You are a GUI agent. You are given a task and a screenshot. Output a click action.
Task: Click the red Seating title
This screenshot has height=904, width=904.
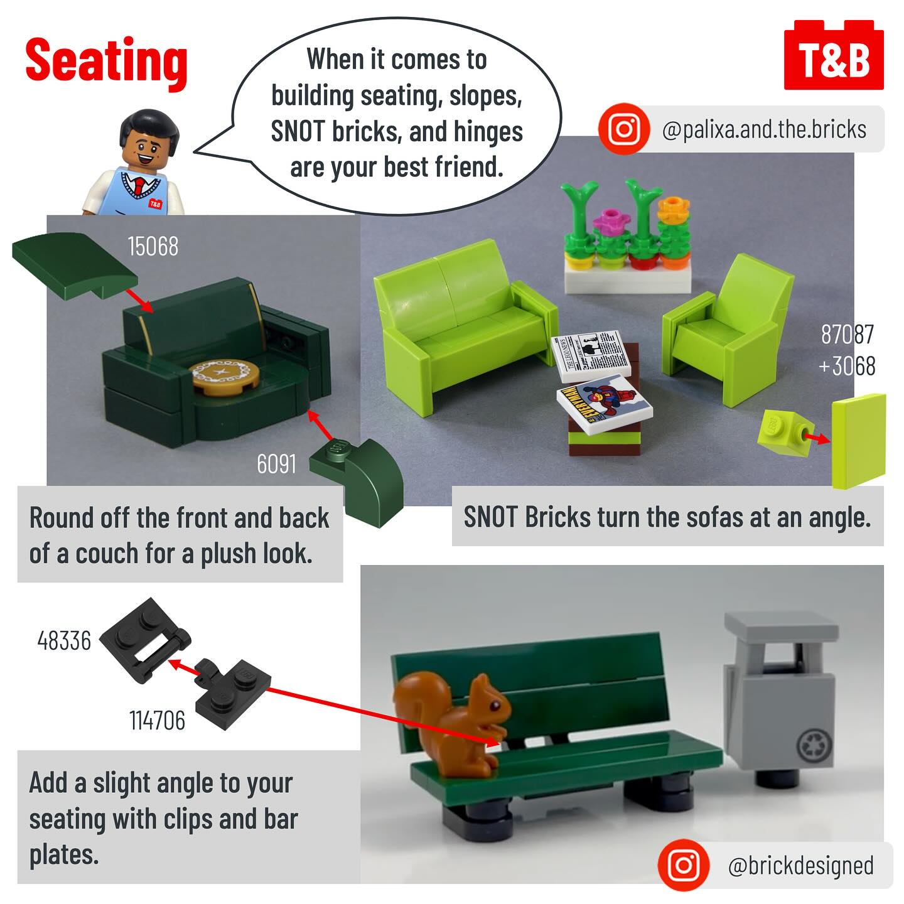107,62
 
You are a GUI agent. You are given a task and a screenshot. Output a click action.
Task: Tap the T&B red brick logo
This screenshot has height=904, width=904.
834,55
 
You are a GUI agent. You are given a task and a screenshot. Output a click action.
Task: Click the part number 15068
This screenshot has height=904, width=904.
153,246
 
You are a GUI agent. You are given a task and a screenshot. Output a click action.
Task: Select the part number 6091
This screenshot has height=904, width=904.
276,464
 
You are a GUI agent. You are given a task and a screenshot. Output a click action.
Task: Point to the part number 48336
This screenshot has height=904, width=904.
64,641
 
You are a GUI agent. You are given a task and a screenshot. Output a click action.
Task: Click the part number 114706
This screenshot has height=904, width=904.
157,721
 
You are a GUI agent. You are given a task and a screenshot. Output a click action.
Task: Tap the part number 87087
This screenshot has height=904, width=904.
847,335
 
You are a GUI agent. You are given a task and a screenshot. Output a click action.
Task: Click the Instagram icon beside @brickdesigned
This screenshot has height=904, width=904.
684,865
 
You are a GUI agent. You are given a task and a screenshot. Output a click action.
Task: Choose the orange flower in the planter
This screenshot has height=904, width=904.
674,209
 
